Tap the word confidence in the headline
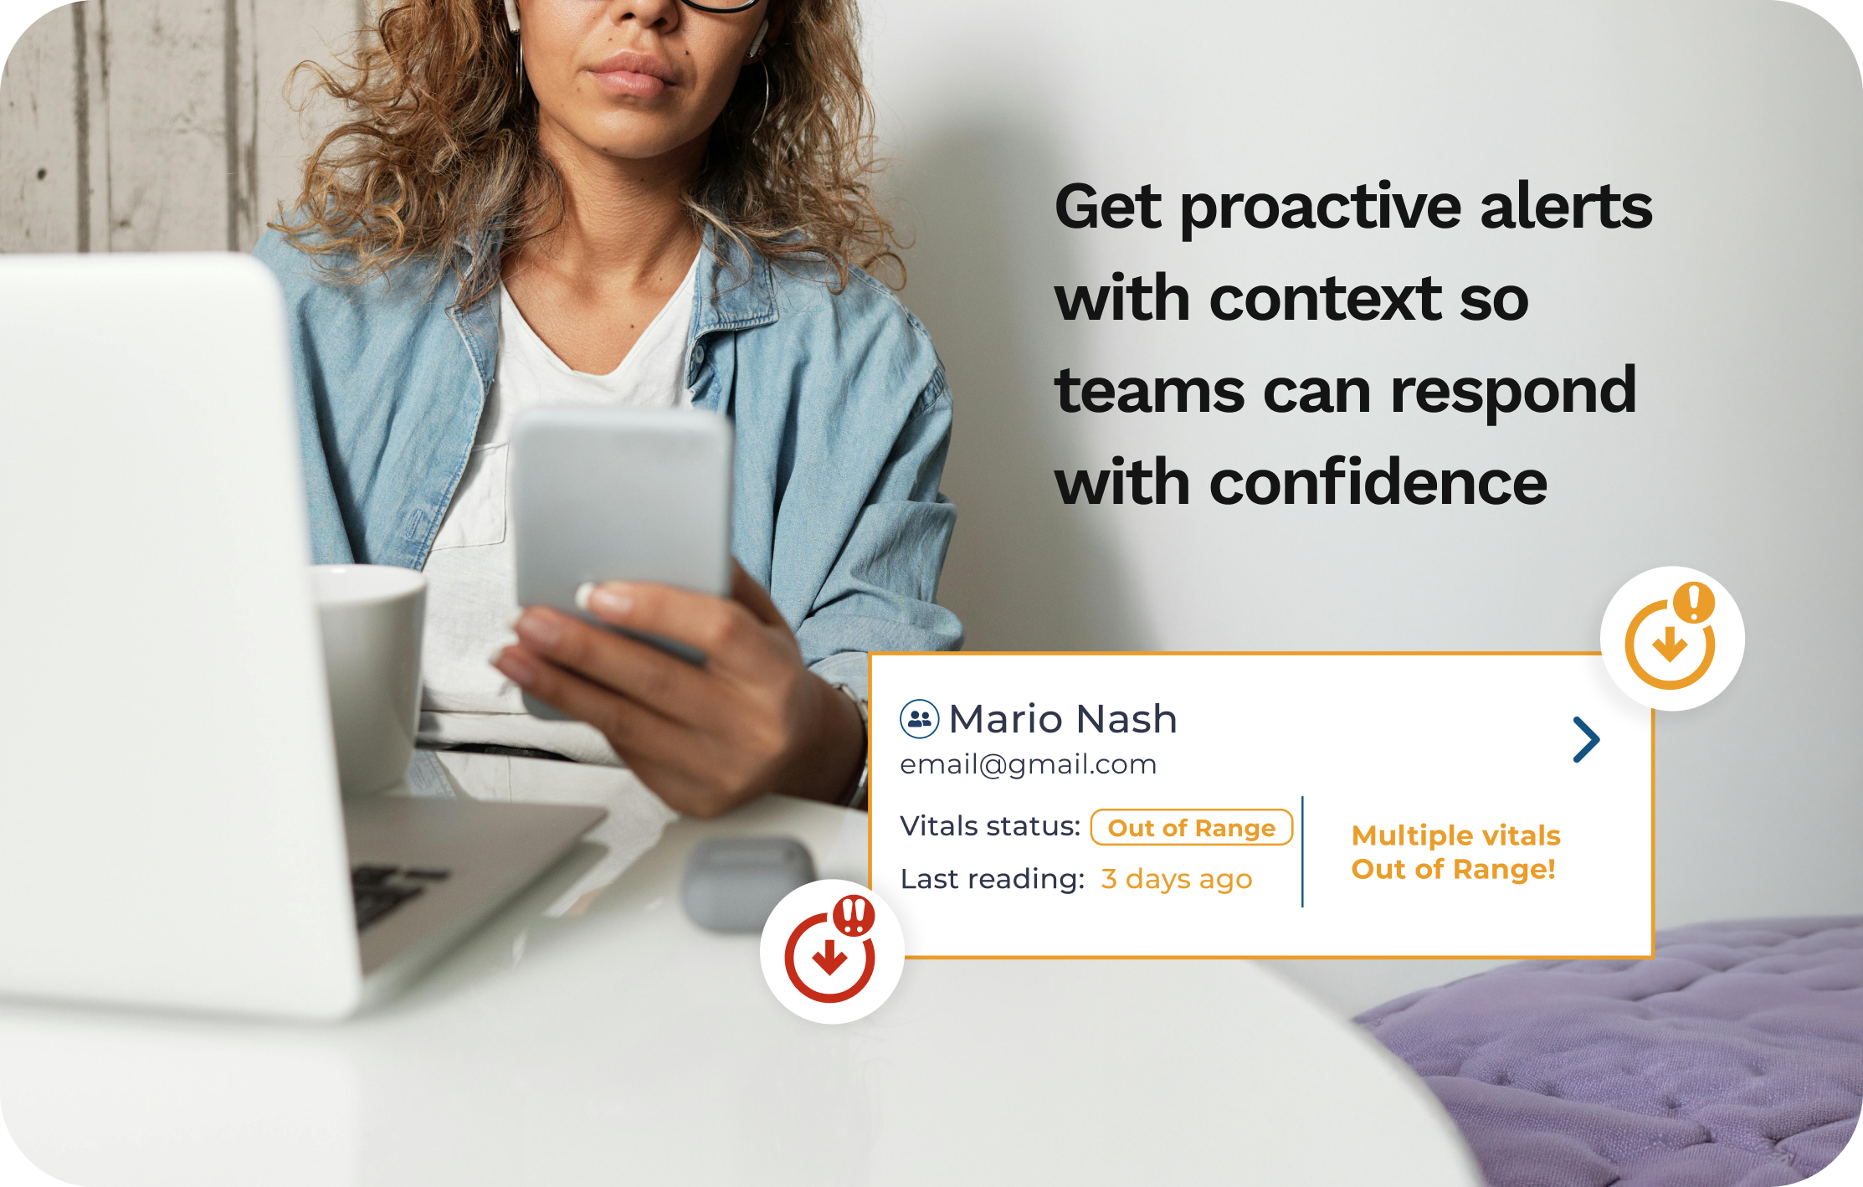pyautogui.click(x=1378, y=483)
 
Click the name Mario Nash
pyautogui.click(x=1063, y=719)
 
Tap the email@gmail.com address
pyautogui.click(x=1028, y=764)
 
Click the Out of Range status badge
pyautogui.click(x=1192, y=827)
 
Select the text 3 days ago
pyautogui.click(x=1176, y=879)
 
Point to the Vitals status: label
pyautogui.click(x=990, y=826)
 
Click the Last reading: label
pyautogui.click(x=993, y=879)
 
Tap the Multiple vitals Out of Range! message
pyautogui.click(x=1455, y=852)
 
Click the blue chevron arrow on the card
pyautogui.click(x=1586, y=740)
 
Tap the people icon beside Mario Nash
pyautogui.click(x=919, y=719)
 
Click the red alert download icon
pyautogui.click(x=830, y=950)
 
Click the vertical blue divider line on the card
pyautogui.click(x=1302, y=851)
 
